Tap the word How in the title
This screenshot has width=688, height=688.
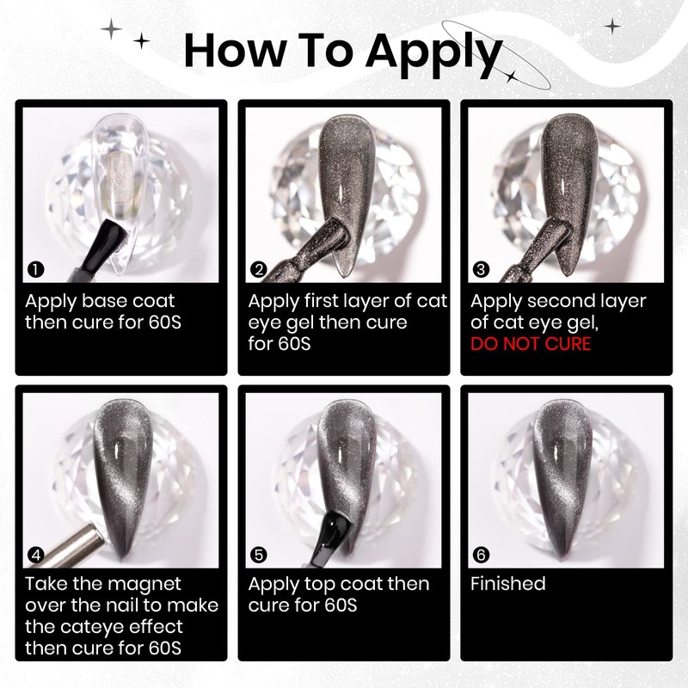[235, 51]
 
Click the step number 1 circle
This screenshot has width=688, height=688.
[35, 269]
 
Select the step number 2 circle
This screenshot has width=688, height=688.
[259, 269]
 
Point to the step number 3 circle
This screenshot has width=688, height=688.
[482, 269]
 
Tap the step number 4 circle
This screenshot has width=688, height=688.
[35, 555]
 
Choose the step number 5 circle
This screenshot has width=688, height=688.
[259, 555]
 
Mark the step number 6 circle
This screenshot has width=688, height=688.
[482, 555]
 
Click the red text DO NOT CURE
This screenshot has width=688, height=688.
[531, 344]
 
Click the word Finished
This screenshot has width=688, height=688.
[508, 584]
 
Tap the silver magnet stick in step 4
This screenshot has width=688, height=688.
[71, 545]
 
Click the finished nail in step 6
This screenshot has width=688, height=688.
[564, 479]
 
